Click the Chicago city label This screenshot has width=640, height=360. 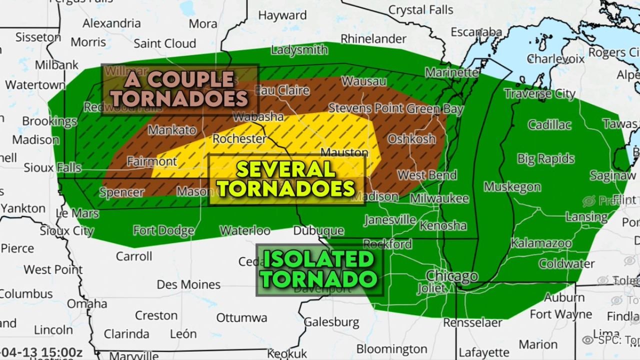click(x=451, y=276)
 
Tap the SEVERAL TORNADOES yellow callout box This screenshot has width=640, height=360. click(x=287, y=179)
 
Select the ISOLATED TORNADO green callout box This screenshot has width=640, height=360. click(x=319, y=269)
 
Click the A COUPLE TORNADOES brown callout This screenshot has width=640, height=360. click(x=180, y=89)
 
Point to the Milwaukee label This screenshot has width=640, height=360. click(x=439, y=198)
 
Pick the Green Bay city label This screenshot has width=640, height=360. click(x=435, y=108)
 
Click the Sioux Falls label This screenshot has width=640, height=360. click(x=52, y=167)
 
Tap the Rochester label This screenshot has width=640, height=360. click(x=239, y=138)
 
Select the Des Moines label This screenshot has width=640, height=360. click(x=188, y=284)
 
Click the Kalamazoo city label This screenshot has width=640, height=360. click(x=541, y=243)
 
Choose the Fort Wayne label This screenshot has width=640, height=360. click(x=560, y=314)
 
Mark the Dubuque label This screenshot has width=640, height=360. click(x=318, y=231)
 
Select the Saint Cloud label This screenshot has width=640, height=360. click(x=164, y=43)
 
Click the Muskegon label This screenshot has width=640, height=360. click(x=512, y=187)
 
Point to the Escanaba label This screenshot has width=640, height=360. click(x=476, y=32)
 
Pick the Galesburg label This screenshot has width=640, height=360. click(x=331, y=321)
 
